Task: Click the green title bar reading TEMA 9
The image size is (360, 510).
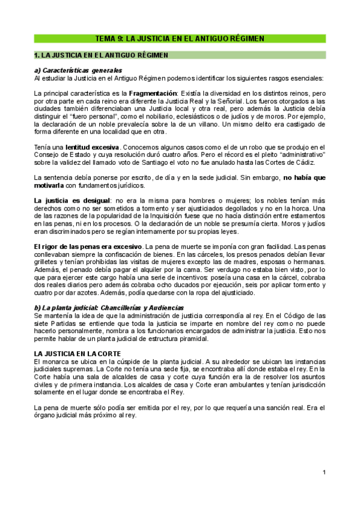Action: [180, 38]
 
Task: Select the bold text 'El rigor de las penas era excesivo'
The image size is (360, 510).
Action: [87, 247]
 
